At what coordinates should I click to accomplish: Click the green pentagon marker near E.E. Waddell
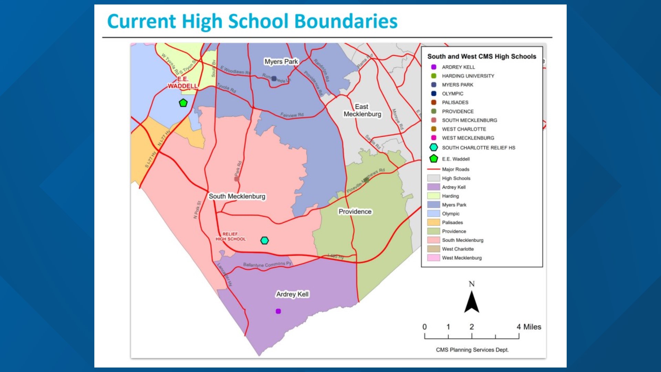tap(183, 103)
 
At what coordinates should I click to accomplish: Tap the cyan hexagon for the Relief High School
tap(264, 240)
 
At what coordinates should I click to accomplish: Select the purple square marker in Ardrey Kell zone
tap(278, 311)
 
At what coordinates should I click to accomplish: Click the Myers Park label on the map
tap(281, 62)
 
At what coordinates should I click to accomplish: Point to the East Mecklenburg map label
tap(362, 111)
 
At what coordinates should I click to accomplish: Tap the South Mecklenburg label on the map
tap(237, 196)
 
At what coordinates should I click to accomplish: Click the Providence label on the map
tap(355, 211)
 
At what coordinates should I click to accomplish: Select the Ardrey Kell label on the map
tap(292, 294)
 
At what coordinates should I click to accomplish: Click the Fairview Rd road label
tap(292, 115)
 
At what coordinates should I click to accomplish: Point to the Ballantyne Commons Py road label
tap(267, 265)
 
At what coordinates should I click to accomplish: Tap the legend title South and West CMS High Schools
tap(482, 56)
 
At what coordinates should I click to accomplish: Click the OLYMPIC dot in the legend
tap(434, 94)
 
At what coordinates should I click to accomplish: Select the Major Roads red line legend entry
tap(434, 169)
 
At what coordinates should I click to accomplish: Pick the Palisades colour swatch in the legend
tap(433, 223)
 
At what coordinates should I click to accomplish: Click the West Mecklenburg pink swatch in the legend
tap(433, 258)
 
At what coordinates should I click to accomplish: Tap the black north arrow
tap(472, 302)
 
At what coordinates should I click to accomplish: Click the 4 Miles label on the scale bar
tap(529, 327)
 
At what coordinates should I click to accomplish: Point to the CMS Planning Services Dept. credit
tap(472, 350)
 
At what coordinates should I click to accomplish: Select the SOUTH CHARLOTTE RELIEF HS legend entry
tap(479, 148)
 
